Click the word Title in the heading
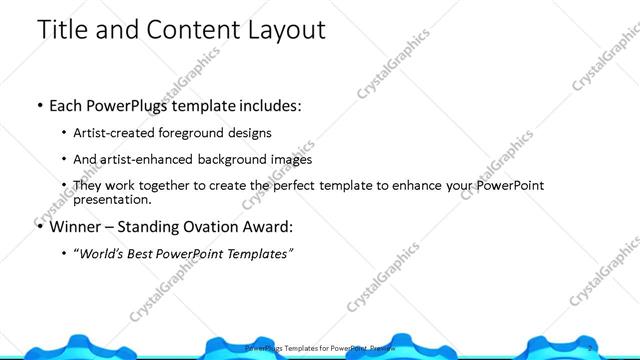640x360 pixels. pyautogui.click(x=62, y=29)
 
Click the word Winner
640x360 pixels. pyautogui.click(x=76, y=225)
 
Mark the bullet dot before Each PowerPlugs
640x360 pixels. pyautogui.click(x=39, y=105)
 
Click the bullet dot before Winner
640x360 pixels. pyautogui.click(x=39, y=225)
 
